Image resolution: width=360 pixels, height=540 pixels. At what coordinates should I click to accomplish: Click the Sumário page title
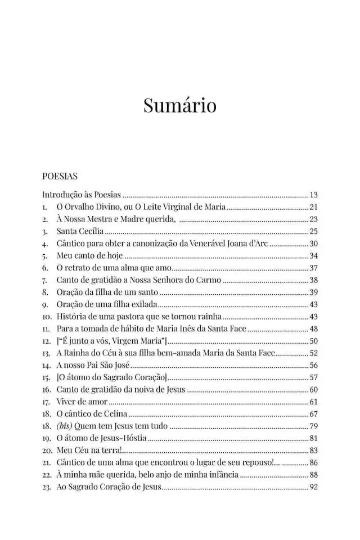pos(179,106)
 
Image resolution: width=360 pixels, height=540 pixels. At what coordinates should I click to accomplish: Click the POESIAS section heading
pos(59,176)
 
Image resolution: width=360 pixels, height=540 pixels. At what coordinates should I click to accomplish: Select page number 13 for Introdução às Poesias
pos(314,195)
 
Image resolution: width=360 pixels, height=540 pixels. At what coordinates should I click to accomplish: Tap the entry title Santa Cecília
pos(80,231)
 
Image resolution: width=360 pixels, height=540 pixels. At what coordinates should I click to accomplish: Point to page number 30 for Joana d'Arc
pos(314,244)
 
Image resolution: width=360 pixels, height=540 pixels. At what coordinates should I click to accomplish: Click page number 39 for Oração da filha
pos(314,292)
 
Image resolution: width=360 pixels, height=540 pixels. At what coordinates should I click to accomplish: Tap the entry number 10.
pos(47,317)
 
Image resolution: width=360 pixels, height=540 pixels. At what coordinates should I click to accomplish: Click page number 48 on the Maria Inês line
pos(314,328)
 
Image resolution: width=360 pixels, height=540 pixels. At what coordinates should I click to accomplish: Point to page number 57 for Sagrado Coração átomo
pos(314,377)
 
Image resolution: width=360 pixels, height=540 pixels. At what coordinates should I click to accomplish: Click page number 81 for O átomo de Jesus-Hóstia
pos(314,438)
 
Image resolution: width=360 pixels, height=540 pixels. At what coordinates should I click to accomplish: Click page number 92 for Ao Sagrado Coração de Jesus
pos(314,487)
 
